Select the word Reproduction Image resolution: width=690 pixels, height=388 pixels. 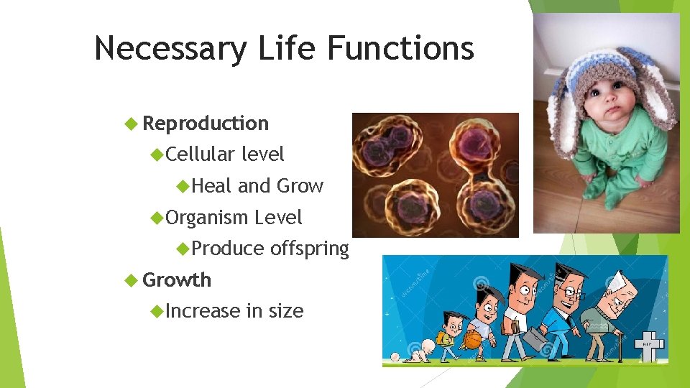206,124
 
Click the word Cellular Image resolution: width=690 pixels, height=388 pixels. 201,154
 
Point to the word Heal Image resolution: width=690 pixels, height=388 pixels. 212,186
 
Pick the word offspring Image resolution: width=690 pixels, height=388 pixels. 309,249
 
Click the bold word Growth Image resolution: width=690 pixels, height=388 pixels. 177,280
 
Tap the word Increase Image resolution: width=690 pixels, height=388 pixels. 203,311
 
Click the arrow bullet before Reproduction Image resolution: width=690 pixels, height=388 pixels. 130,124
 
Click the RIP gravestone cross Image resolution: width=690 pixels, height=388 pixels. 650,346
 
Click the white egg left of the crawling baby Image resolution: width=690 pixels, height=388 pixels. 394,356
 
